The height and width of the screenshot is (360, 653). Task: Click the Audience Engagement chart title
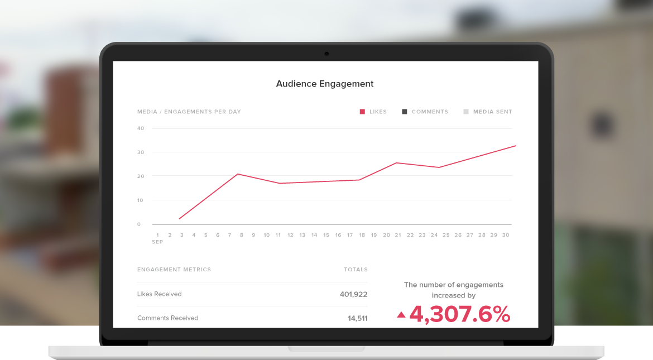pyautogui.click(x=325, y=84)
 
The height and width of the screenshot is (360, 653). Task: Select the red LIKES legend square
pyautogui.click(x=362, y=112)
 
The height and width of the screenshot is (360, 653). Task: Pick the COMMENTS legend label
pyautogui.click(x=430, y=112)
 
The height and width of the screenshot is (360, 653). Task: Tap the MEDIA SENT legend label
pyautogui.click(x=492, y=112)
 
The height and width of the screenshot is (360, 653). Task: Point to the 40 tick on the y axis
pyautogui.click(x=141, y=128)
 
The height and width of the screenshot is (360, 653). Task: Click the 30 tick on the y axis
pyautogui.click(x=141, y=152)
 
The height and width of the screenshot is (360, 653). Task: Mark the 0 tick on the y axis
pyautogui.click(x=140, y=224)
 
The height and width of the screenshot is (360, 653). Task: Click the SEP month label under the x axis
pyautogui.click(x=157, y=242)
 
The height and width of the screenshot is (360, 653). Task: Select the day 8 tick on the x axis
pyautogui.click(x=242, y=235)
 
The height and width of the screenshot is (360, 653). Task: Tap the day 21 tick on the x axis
pyautogui.click(x=398, y=235)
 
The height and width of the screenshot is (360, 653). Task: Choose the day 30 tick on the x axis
pyautogui.click(x=506, y=235)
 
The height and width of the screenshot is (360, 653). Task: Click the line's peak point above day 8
pyautogui.click(x=238, y=174)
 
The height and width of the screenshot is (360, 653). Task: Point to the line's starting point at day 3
pyautogui.click(x=179, y=219)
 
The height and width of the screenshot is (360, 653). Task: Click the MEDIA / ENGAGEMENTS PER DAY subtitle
pyautogui.click(x=189, y=112)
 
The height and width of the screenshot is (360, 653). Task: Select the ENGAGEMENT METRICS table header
pyautogui.click(x=174, y=270)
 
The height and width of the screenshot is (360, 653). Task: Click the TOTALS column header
pyautogui.click(x=356, y=270)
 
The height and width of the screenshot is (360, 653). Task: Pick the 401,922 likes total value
pyautogui.click(x=353, y=294)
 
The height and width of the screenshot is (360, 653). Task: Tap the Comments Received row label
pyautogui.click(x=167, y=318)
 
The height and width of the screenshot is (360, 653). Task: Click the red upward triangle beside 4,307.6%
pyautogui.click(x=401, y=315)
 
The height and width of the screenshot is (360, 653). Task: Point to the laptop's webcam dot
pyautogui.click(x=326, y=54)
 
